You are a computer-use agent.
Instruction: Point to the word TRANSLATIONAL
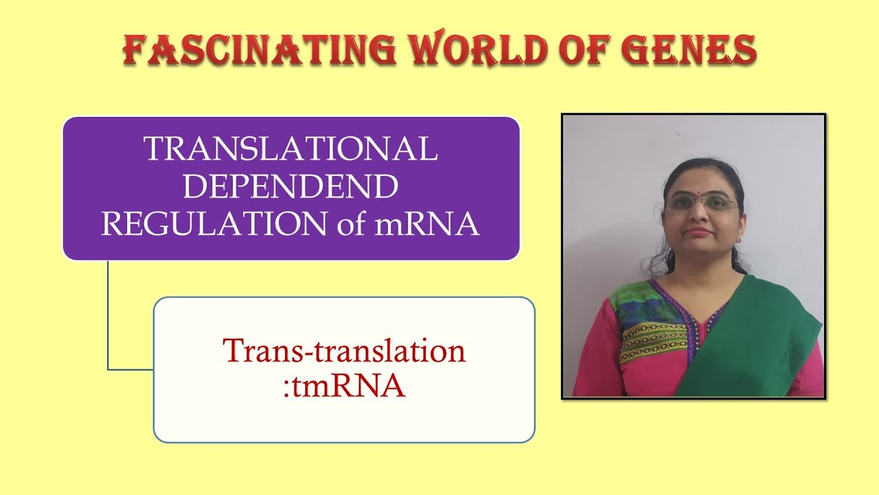click(290, 149)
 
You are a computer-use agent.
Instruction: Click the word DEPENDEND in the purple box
click(290, 187)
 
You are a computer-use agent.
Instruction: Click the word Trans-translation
click(344, 351)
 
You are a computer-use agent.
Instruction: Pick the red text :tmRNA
click(344, 386)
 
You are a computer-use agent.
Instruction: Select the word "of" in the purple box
click(352, 225)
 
